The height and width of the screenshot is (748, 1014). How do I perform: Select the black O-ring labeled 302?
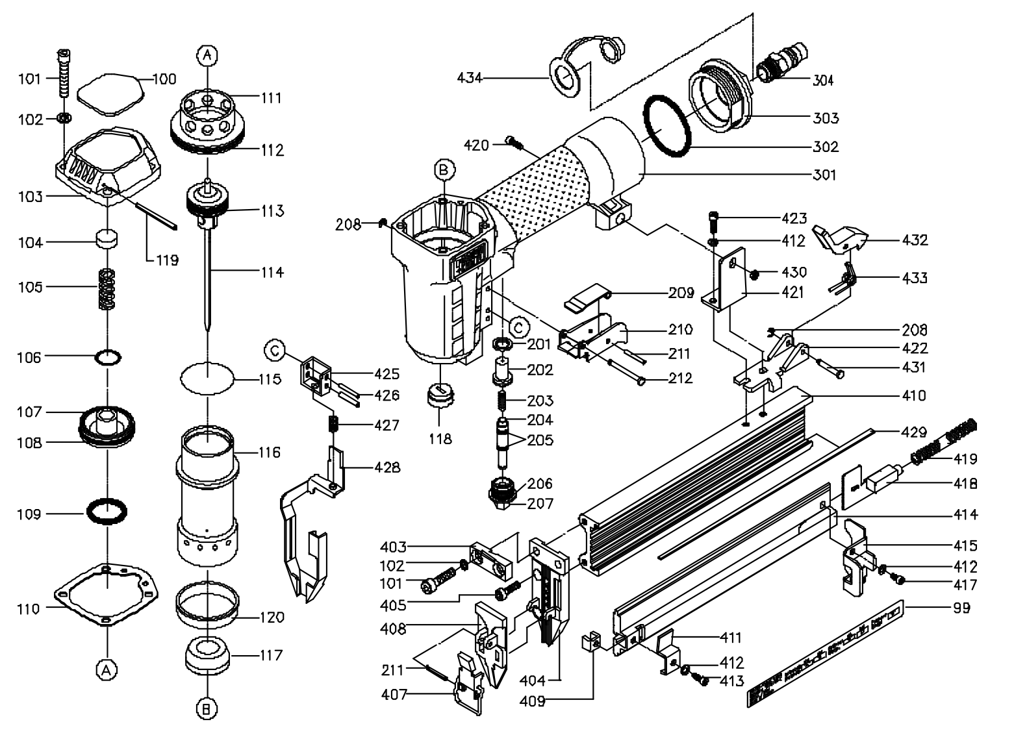(x=666, y=125)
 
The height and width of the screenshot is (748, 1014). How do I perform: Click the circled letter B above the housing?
(x=444, y=170)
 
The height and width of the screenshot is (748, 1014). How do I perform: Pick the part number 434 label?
(x=470, y=78)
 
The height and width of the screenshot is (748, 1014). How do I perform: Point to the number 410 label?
(x=913, y=395)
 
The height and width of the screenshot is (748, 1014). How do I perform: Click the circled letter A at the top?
(x=207, y=56)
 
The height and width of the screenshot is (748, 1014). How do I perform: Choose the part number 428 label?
(x=387, y=467)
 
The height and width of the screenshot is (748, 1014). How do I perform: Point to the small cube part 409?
(x=590, y=644)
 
